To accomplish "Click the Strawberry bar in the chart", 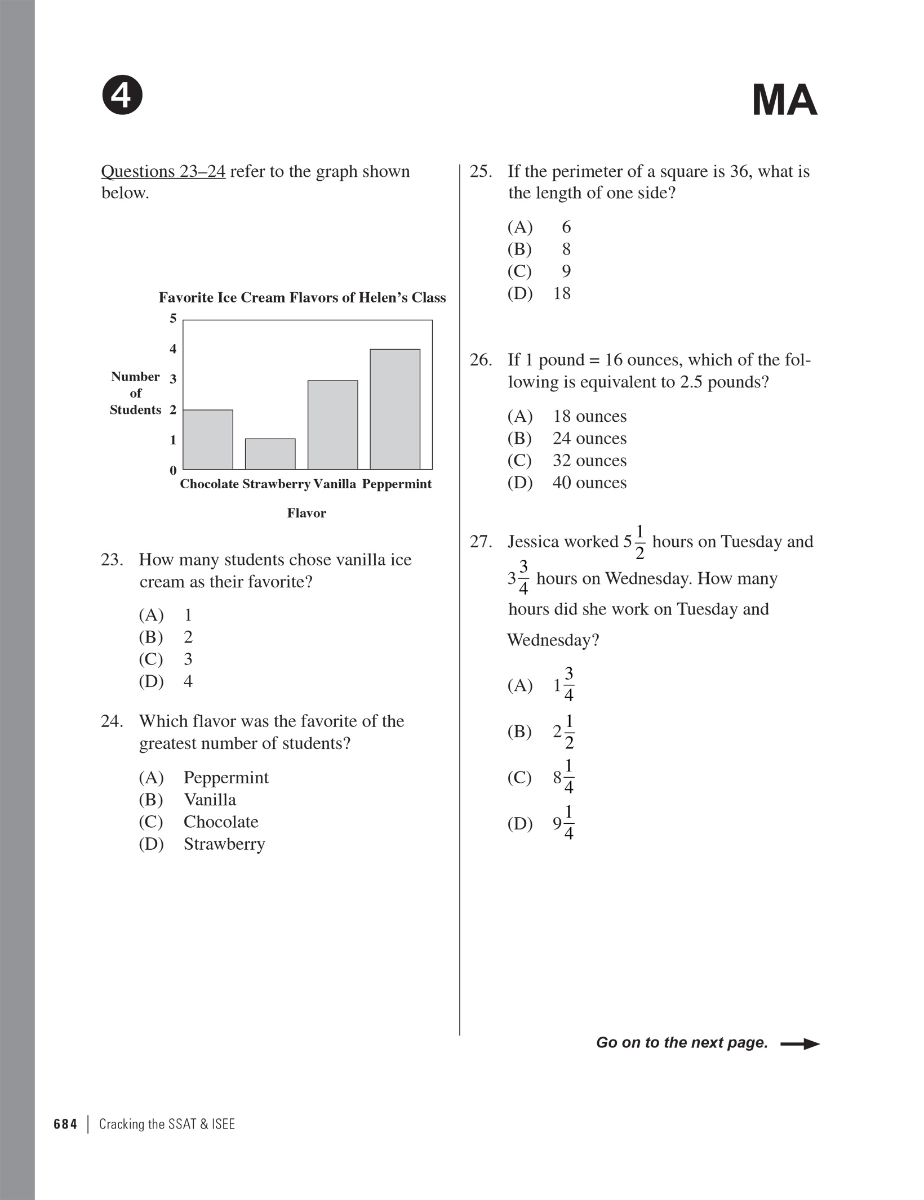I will (x=270, y=454).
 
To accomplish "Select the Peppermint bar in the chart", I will (x=394, y=409).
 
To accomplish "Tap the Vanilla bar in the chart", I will (x=332, y=425).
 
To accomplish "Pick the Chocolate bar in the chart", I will (x=208, y=440).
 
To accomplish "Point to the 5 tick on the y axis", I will (x=173, y=319).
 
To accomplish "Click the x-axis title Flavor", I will (x=306, y=513).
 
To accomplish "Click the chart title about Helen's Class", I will (x=302, y=298).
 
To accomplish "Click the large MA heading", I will (x=784, y=101).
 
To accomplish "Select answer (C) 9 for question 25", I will (x=539, y=271).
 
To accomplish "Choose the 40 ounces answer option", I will (x=566, y=483).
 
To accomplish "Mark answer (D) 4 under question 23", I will (x=166, y=681).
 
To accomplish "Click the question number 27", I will (x=481, y=542).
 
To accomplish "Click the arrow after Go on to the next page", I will (x=799, y=1044).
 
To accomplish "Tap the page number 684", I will (x=65, y=1124).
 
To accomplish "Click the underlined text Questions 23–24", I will (x=163, y=171).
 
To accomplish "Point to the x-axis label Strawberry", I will (x=276, y=484).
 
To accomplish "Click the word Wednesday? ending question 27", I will (x=553, y=640).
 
